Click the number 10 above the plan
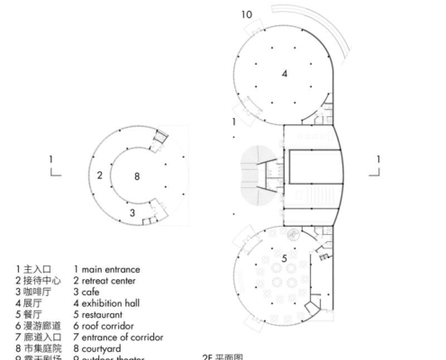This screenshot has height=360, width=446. tap(248, 13)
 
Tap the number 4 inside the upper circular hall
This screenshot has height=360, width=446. tap(284, 74)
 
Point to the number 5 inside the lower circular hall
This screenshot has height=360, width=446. tap(284, 260)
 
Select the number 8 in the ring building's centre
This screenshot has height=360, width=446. tap(138, 176)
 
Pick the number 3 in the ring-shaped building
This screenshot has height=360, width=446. tap(132, 212)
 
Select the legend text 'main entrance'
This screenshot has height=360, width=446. tap(111, 269)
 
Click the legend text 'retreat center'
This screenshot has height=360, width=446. tap(111, 281)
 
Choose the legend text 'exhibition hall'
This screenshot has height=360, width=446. tap(114, 303)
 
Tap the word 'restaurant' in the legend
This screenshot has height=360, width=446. tap(105, 315)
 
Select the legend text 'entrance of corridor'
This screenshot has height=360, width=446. tap(123, 337)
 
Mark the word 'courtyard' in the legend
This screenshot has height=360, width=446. tap(104, 348)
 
